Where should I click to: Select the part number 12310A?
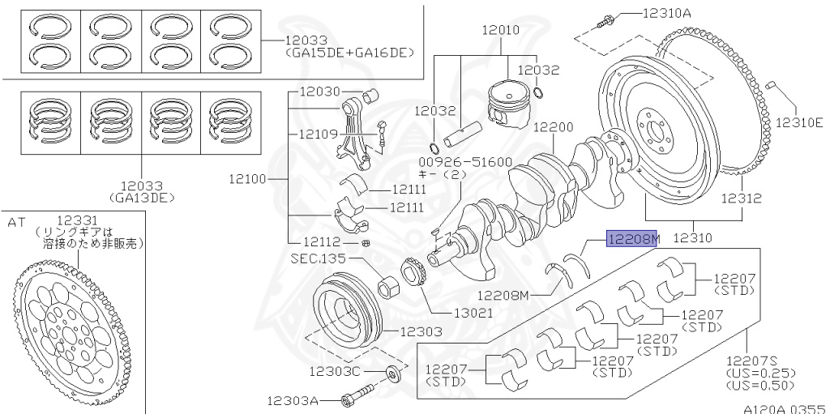click(x=666, y=13)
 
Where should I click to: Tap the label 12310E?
click(x=799, y=122)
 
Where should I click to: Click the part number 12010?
click(x=500, y=30)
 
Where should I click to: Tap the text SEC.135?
click(x=319, y=259)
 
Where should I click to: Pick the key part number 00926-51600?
click(x=454, y=161)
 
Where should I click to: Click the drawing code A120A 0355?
click(x=785, y=408)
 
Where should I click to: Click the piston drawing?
click(x=508, y=105)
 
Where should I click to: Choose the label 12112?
click(x=323, y=242)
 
